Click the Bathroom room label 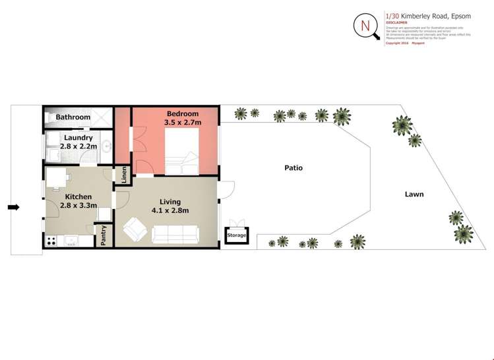pyautogui.click(x=73, y=117)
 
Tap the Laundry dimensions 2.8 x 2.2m pyautogui.click(x=78, y=146)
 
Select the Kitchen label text pyautogui.click(x=78, y=196)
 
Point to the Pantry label pyautogui.click(x=104, y=235)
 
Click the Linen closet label pyautogui.click(x=123, y=176)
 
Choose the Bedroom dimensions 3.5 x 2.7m pyautogui.click(x=183, y=122)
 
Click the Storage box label pyautogui.click(x=236, y=235)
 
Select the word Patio pyautogui.click(x=293, y=168)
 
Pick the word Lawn pyautogui.click(x=414, y=195)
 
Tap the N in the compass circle pyautogui.click(x=365, y=26)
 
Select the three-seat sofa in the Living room pyautogui.click(x=175, y=234)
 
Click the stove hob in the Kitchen pyautogui.click(x=51, y=241)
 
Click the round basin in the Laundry pyautogui.click(x=104, y=146)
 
